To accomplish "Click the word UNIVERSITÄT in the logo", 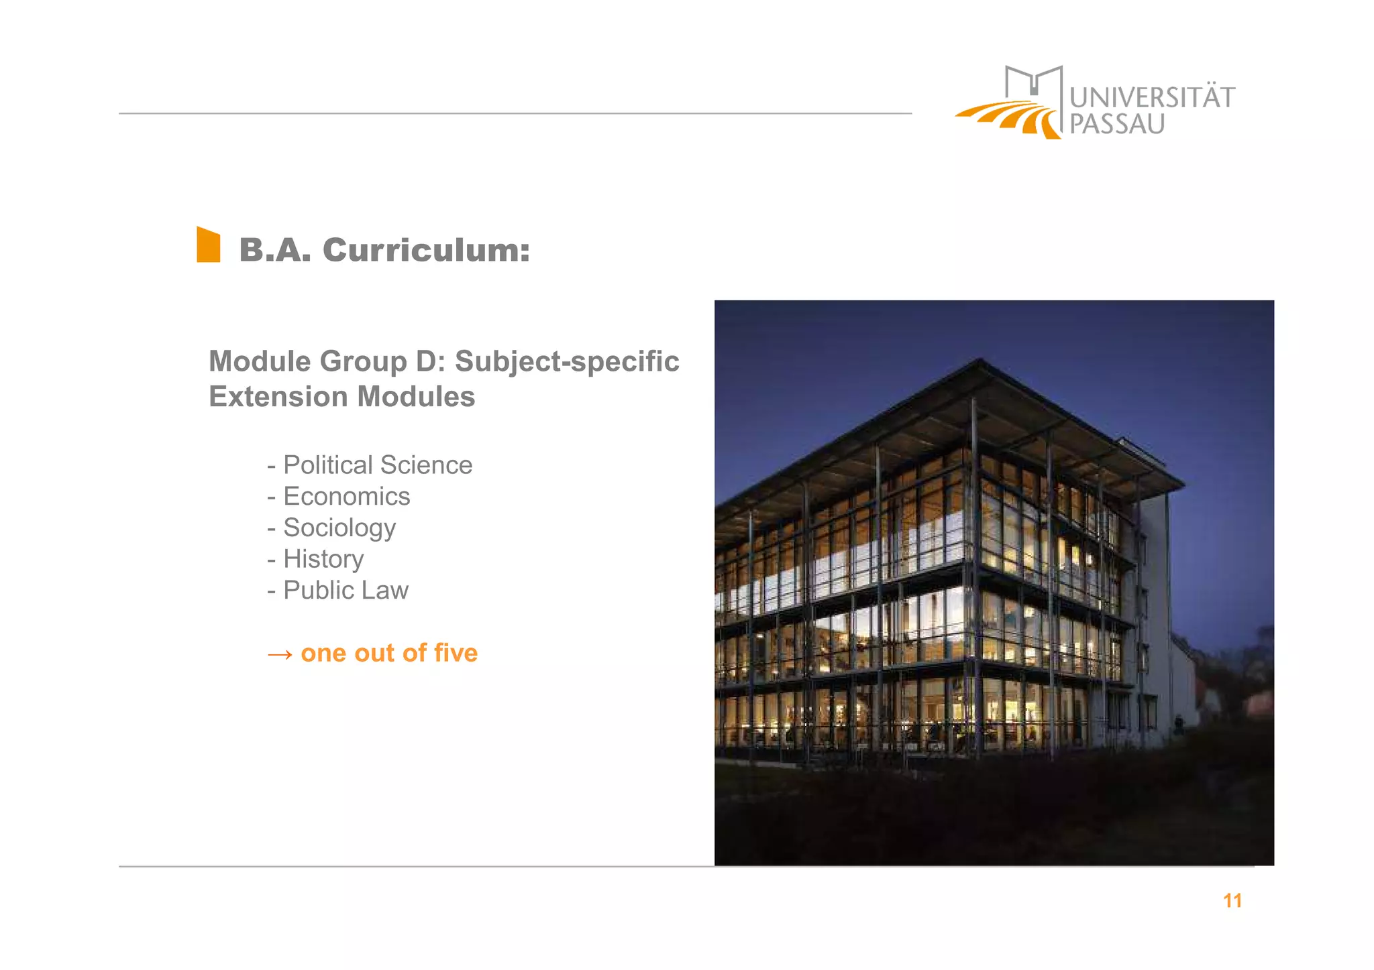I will coord(1151,98).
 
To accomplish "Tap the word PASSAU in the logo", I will coord(1116,125).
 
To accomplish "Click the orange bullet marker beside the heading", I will coord(208,245).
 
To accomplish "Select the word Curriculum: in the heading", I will coord(426,251).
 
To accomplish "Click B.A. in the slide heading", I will coord(275,251).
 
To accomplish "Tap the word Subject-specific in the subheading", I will coord(567,361).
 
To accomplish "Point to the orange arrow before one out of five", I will coord(280,654).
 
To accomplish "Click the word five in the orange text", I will coord(456,653).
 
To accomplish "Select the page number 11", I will coord(1232,901).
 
